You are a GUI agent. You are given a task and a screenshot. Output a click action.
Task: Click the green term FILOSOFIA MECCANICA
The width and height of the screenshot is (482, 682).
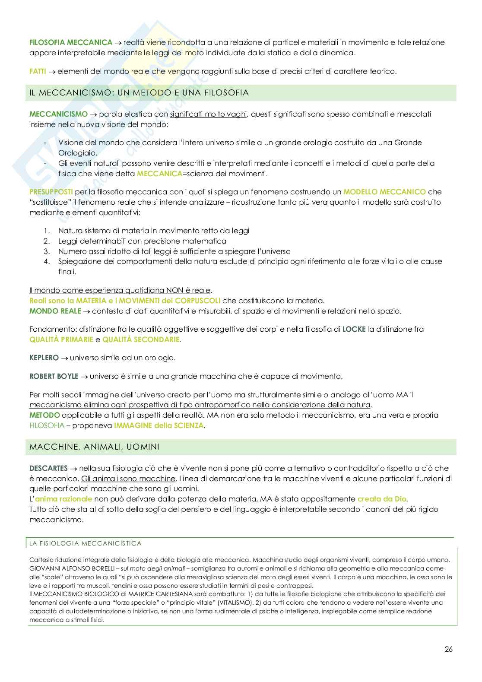[x=71, y=42]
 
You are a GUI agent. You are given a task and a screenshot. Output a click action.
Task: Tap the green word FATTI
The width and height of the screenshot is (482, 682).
[x=38, y=71]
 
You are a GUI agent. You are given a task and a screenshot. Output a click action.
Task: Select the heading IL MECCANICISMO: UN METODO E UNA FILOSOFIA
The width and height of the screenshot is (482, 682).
[x=139, y=93]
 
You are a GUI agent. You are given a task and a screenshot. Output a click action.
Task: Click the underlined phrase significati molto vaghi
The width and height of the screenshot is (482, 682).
[x=208, y=114]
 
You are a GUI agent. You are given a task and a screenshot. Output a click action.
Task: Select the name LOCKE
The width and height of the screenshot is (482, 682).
[x=354, y=329]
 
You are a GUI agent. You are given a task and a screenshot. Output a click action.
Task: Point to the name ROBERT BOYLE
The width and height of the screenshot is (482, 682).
[x=54, y=376]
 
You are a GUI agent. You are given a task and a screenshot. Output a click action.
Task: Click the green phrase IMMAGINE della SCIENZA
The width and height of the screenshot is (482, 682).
[x=158, y=425]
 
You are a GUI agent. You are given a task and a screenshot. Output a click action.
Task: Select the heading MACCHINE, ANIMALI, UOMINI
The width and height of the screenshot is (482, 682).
[x=94, y=447]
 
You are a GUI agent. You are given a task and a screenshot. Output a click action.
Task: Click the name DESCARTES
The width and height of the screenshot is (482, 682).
[x=48, y=468]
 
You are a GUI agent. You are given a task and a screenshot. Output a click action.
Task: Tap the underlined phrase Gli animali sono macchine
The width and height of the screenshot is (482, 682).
[x=128, y=479]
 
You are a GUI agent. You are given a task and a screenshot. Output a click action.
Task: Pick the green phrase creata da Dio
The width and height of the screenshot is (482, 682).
[x=382, y=499]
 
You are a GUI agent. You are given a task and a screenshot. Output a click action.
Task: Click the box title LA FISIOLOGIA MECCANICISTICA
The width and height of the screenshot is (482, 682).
[x=86, y=543]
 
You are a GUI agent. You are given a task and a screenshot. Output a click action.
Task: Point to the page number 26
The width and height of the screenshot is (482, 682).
[x=448, y=649]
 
